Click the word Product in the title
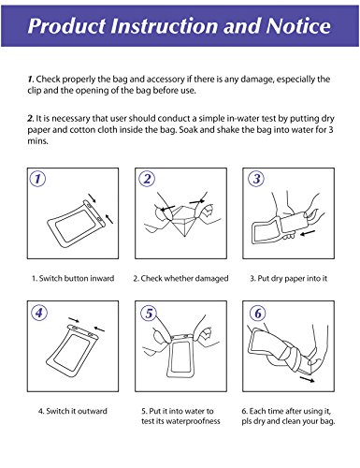click(66, 26)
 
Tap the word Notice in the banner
click(298, 25)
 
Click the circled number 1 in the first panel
click(37, 179)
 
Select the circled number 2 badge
click(147, 179)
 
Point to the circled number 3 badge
click(256, 179)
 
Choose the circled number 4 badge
click(39, 313)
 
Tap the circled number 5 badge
click(149, 314)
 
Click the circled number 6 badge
click(258, 314)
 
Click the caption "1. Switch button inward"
click(73, 278)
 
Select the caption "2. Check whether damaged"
click(180, 278)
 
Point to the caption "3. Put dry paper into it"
click(289, 279)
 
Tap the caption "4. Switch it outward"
click(73, 411)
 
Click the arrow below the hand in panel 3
click(308, 233)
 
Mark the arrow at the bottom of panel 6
click(307, 379)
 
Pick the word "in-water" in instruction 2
click(238, 119)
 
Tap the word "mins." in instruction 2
click(37, 141)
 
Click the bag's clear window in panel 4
click(74, 350)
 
